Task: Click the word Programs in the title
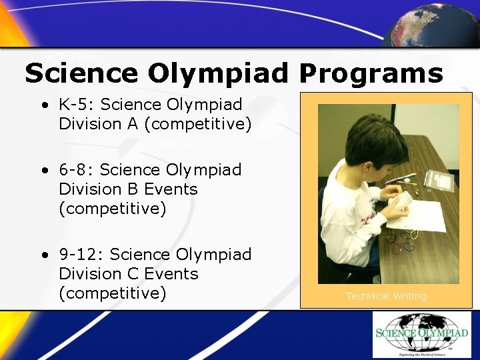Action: [x=370, y=73]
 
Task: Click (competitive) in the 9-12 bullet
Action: [x=112, y=293]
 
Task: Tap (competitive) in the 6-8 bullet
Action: [x=112, y=209]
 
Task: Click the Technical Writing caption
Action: [x=386, y=296]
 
